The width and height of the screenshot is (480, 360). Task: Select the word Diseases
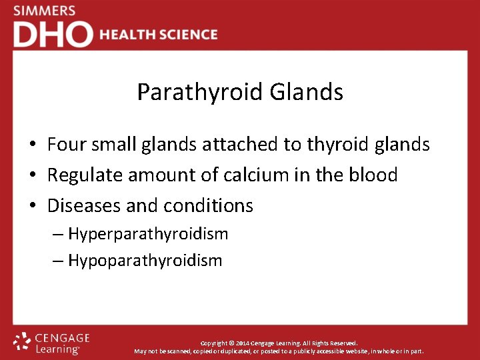point(84,206)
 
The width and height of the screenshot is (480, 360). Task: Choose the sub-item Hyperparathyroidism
point(148,234)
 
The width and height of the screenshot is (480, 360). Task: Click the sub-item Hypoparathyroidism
point(145,261)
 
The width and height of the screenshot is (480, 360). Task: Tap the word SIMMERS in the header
point(45,11)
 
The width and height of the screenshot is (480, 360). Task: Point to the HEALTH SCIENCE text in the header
point(159,35)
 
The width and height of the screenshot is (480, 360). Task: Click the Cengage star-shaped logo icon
point(23,342)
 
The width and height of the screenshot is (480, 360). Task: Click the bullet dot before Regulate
point(32,176)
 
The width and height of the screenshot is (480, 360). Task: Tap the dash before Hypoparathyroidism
point(58,261)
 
